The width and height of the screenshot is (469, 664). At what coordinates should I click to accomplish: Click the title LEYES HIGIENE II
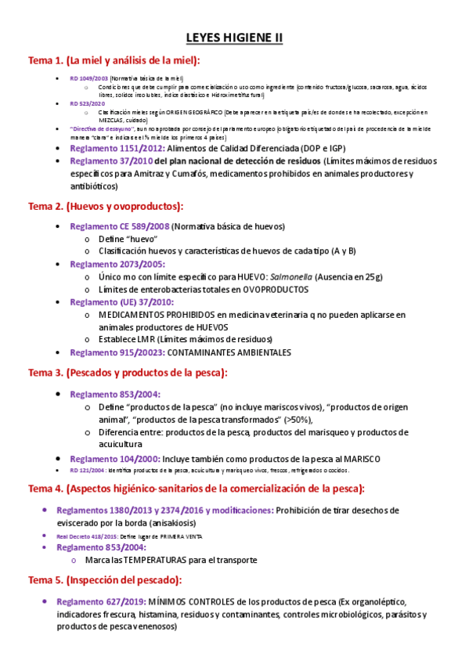click(234, 37)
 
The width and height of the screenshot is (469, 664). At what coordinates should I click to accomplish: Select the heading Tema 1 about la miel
click(114, 60)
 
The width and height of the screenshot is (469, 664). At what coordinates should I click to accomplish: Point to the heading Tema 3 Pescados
click(128, 373)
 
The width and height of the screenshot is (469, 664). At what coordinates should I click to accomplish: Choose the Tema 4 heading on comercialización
click(196, 489)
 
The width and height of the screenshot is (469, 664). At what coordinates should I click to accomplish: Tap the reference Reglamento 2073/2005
click(117, 264)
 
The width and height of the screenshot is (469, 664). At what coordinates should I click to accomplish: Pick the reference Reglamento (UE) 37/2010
click(122, 301)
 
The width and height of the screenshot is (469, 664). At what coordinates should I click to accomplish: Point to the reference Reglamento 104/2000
click(115, 458)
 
